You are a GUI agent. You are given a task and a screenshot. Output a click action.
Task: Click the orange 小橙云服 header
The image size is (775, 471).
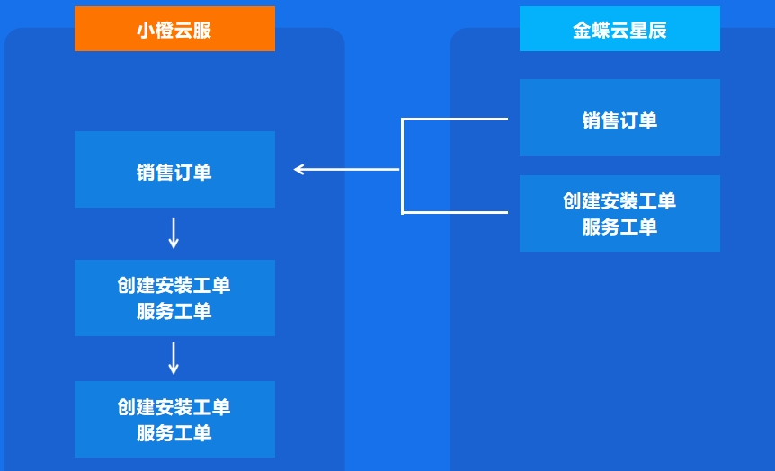coord(174,29)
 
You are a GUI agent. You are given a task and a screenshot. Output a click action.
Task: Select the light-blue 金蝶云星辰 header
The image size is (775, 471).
coord(619,29)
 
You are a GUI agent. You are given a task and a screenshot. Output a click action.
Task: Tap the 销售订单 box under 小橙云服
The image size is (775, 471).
coord(174,170)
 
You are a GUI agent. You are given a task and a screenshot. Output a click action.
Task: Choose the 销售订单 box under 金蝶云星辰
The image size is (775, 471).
coord(619,118)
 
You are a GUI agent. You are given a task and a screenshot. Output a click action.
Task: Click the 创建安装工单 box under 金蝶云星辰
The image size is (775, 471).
coord(619,214)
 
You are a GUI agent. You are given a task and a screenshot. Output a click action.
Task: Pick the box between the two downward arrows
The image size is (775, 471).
coord(174,298)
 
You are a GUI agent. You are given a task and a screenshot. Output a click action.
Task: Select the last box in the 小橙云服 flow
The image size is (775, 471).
coord(174,419)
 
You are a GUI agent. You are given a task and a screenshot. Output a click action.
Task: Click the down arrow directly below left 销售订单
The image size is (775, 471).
coord(174,233)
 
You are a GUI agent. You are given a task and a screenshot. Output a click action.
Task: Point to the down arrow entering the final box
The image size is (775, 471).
coord(174,359)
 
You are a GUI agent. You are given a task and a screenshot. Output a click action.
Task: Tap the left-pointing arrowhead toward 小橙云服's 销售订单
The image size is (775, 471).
coord(298,170)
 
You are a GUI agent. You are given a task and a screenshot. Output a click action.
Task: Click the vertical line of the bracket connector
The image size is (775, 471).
coord(402,166)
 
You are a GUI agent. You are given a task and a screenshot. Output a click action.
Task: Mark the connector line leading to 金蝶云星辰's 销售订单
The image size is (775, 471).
coord(455,120)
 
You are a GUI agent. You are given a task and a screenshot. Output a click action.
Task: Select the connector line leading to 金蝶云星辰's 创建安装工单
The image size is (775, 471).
coord(455,212)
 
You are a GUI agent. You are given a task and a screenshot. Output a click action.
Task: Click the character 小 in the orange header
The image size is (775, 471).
coord(146,31)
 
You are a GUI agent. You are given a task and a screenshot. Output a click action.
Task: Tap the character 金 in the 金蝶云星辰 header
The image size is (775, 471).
coord(582,31)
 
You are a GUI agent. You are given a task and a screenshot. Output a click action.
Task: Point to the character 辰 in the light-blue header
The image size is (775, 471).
coord(657,31)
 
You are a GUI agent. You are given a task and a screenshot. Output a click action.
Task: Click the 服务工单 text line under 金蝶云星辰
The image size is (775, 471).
coord(619,227)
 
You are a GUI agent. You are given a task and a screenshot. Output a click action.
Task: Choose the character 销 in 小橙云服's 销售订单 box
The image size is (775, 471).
coord(146,173)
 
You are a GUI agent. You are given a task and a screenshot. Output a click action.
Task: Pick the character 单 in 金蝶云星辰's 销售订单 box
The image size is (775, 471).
coord(648,120)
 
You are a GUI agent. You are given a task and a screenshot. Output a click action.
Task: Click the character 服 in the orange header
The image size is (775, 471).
coord(202,31)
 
